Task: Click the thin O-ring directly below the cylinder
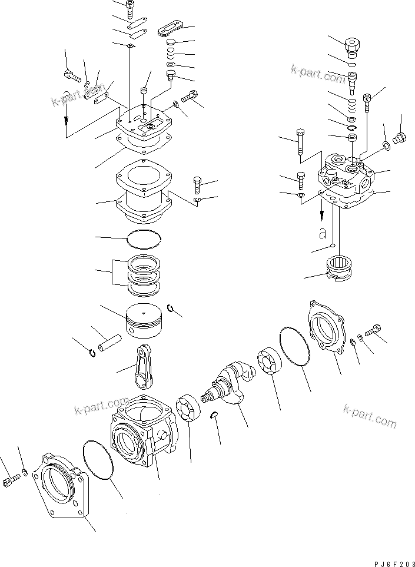tap(144, 238)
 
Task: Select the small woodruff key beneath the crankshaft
tap(215, 415)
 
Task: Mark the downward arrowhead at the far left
tap(66, 124)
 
